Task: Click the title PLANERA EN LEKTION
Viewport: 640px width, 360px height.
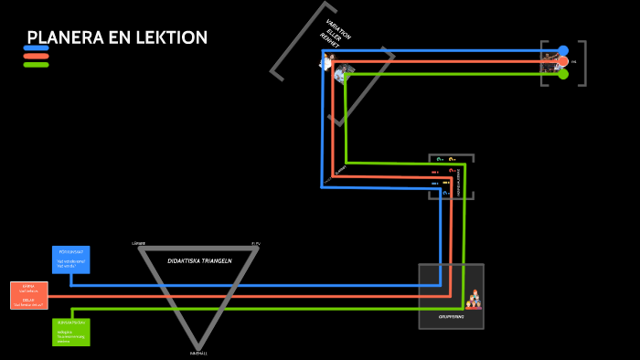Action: coord(117,37)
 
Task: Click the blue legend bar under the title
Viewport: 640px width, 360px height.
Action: coord(36,48)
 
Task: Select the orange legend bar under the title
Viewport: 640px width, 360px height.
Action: coord(36,57)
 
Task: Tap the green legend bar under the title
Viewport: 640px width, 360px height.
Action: coord(36,65)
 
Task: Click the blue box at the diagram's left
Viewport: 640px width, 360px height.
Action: coord(71,259)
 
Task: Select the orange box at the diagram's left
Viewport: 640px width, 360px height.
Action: coord(28,295)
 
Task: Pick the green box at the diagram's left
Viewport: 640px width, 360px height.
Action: coord(71,332)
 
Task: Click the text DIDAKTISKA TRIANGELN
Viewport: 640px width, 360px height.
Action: coord(199,260)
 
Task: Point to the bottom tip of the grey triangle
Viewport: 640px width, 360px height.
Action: coord(198,344)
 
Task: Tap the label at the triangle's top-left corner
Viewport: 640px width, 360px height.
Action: coord(139,243)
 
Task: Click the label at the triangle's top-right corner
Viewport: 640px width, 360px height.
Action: coord(256,244)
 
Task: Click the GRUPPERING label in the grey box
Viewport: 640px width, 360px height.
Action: coord(451,316)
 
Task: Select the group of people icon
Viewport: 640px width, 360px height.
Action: coord(473,299)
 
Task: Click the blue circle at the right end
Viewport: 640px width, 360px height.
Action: coord(563,50)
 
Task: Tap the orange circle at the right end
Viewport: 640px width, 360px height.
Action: coord(563,62)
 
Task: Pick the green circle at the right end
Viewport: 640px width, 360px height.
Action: coord(563,74)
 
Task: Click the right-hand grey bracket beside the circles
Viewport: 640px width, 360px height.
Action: coord(581,63)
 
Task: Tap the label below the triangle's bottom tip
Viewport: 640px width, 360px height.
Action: coord(198,353)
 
